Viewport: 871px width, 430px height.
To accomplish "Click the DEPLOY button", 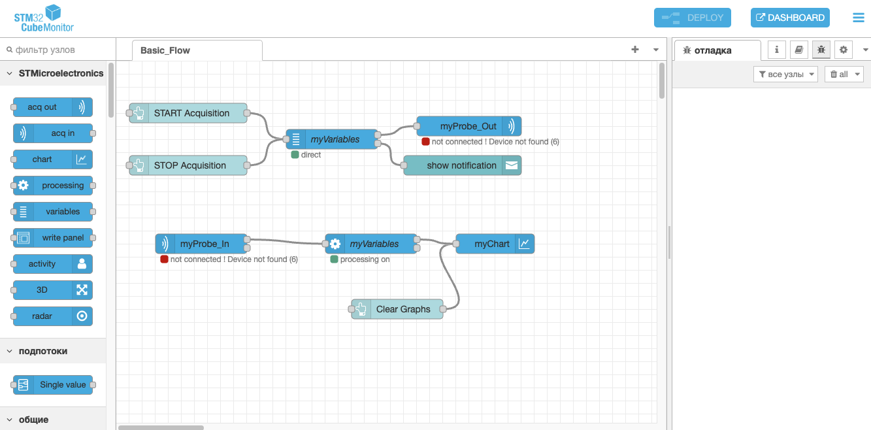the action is point(692,18).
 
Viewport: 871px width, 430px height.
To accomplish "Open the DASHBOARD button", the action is point(790,18).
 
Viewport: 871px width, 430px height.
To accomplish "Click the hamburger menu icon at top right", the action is point(858,18).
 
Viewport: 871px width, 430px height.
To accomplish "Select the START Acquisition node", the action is point(188,113).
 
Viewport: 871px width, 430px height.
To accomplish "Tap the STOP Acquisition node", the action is point(188,165).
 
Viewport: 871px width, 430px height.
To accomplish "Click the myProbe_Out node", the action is point(469,126).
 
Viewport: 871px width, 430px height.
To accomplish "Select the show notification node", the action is point(463,165).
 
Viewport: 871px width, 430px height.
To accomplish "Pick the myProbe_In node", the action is point(201,244).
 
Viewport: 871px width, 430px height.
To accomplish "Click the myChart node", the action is point(495,244).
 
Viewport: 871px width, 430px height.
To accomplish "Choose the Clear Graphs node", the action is point(397,309).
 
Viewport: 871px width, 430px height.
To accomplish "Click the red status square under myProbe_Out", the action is point(425,142).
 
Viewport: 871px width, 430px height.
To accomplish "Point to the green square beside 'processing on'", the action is point(334,259).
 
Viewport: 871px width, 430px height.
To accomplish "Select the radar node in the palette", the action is point(53,316).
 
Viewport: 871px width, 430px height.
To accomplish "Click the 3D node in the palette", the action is point(53,290).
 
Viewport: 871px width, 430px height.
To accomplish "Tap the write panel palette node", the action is point(53,238).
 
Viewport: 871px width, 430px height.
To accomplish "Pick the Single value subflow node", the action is point(53,384).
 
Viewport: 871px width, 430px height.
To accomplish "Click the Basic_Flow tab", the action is point(197,50).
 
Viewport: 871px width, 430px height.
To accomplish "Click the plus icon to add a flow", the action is point(635,50).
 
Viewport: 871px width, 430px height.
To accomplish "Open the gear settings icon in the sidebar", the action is point(844,50).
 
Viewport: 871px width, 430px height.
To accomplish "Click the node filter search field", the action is point(58,50).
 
